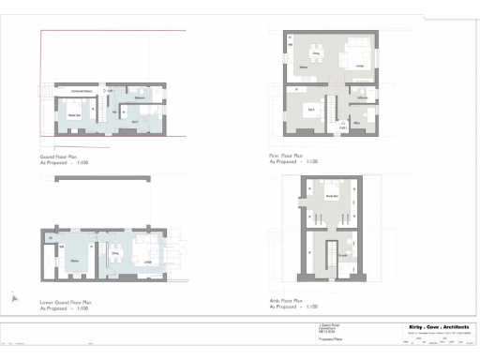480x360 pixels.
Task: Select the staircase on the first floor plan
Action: coord(330,104)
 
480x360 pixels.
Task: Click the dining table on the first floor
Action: coord(315,54)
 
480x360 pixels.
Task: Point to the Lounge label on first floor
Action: coord(359,67)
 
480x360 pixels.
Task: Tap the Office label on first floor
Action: coord(358,122)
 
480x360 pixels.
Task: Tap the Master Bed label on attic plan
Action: coord(330,196)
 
